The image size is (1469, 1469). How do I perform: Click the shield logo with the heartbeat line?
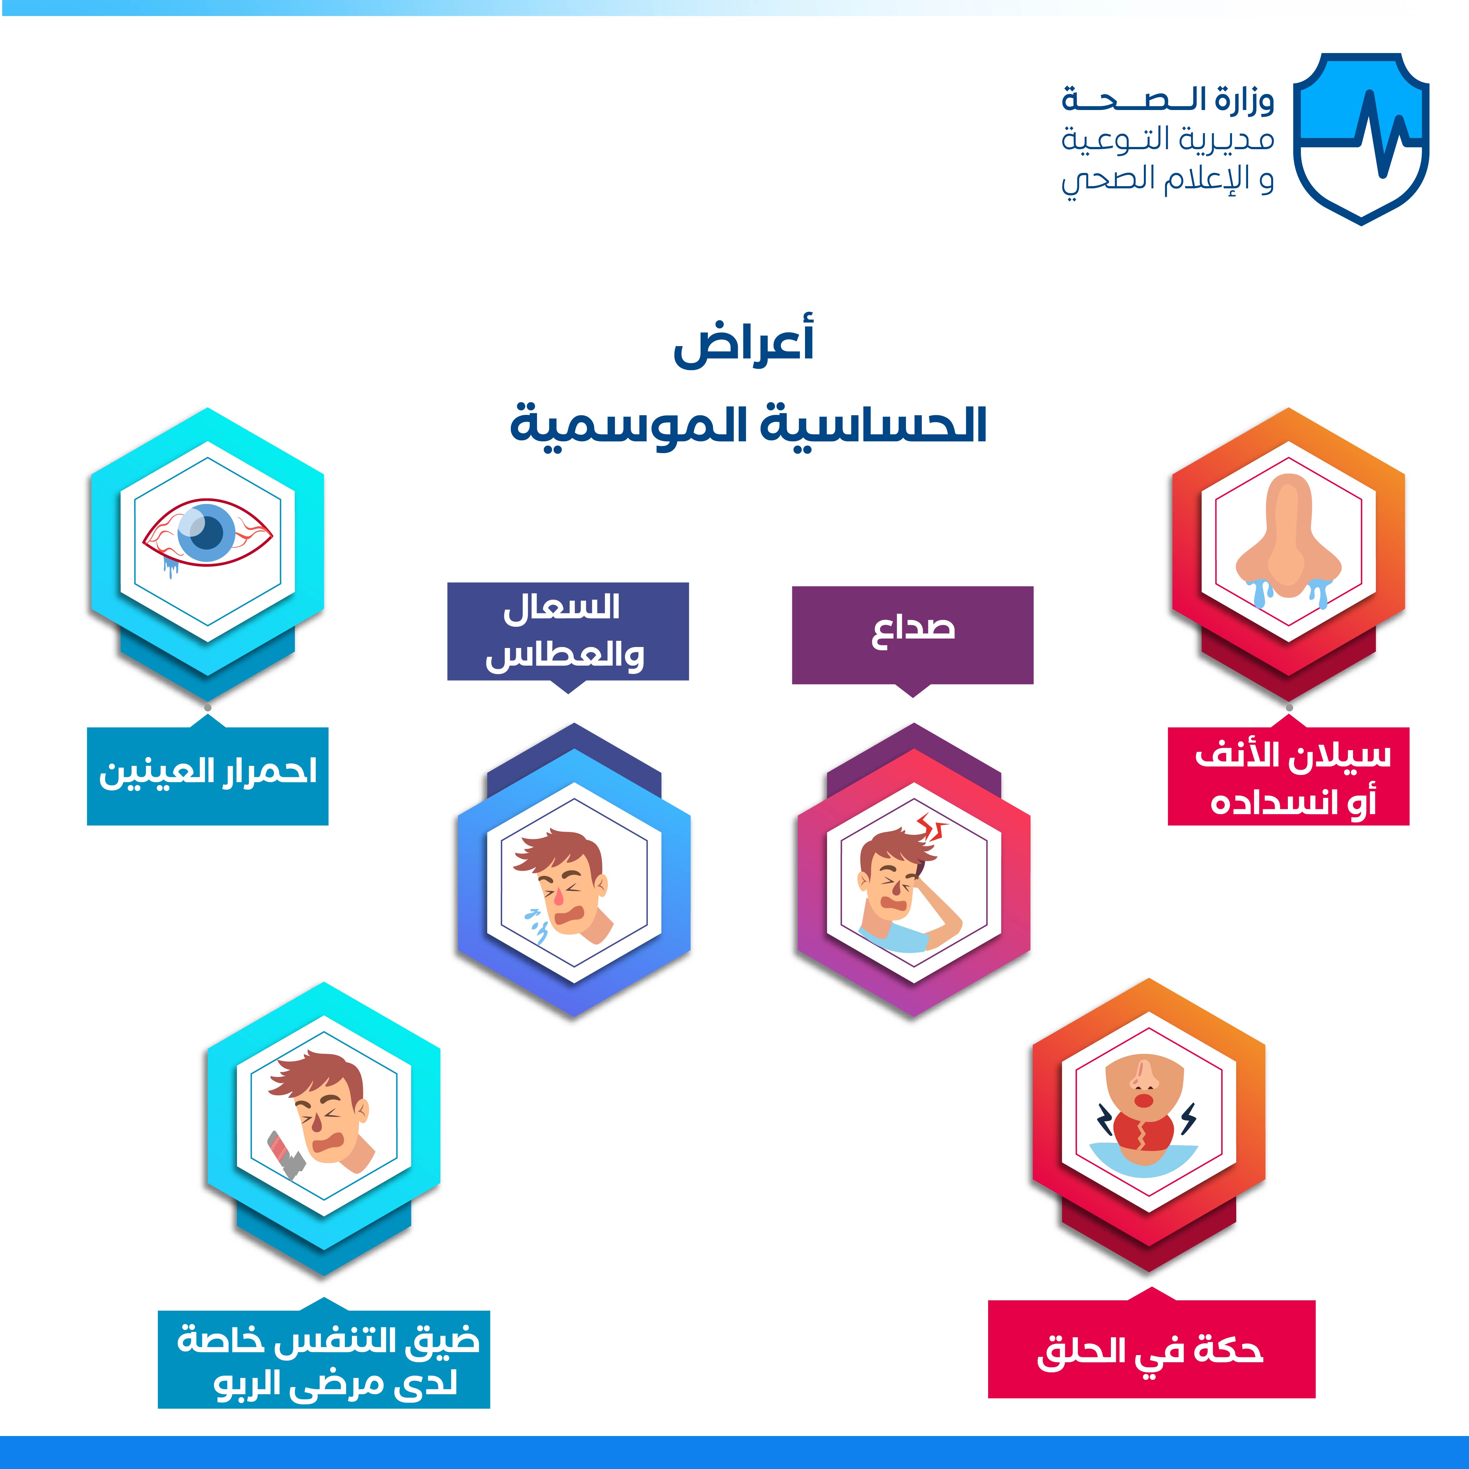1361,138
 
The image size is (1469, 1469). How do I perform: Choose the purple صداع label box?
912,635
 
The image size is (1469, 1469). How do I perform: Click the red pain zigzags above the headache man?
929,827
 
